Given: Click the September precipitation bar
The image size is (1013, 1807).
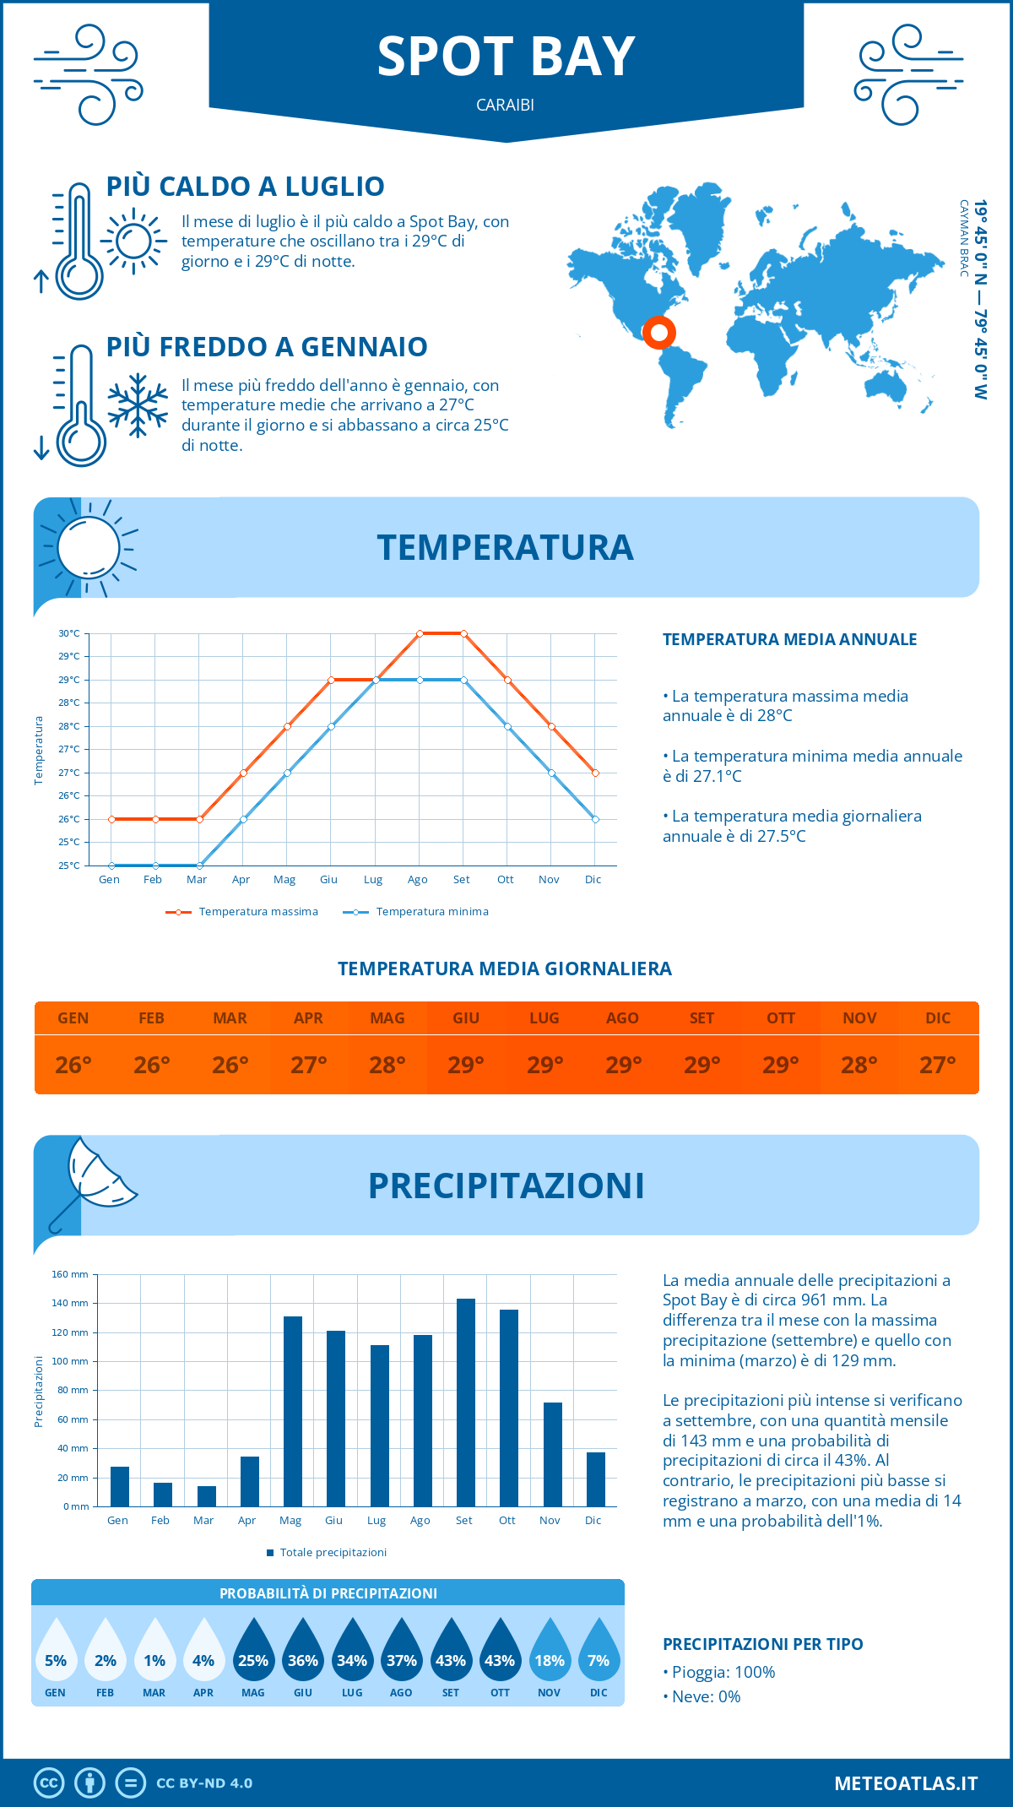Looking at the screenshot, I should pos(465,1403).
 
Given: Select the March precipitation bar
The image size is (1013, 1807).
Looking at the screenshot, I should pos(206,1496).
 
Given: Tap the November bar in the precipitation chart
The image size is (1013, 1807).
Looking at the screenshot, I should pos(552,1454).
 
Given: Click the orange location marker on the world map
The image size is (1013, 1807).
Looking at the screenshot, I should pos(658,332).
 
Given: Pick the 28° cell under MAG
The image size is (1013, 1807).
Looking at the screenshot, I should pos(387,1065).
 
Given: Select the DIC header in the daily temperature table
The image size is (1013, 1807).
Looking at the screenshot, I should pos(938,1018).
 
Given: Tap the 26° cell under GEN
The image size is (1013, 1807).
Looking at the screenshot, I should pos(73,1065).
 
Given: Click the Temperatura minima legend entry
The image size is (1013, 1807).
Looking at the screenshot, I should pos(416,912).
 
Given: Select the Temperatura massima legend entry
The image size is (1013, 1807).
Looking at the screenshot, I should pos(242,912).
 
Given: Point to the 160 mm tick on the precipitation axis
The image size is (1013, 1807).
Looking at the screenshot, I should pos(70,1274).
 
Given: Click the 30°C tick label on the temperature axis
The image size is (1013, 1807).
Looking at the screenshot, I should pos(69,633).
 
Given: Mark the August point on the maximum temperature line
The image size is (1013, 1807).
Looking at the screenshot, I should pos(420,633).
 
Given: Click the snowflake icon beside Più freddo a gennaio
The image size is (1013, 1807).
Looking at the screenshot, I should pos(138,405).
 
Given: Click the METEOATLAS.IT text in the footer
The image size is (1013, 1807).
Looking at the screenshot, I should pos(906,1783).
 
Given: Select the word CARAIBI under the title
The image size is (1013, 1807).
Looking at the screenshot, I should pos(505,106).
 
